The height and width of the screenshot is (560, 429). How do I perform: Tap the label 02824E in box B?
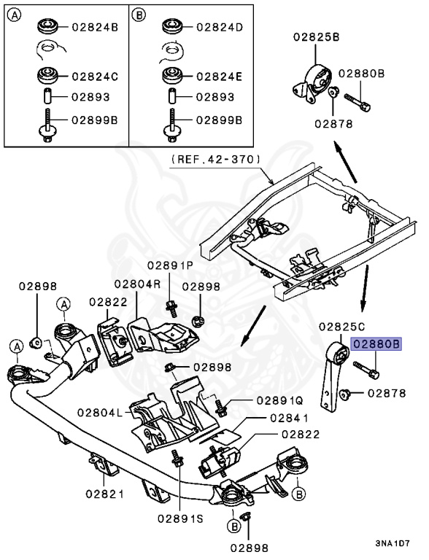pyautogui.click(x=219, y=76)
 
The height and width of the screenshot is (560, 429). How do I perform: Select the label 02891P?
pyautogui.click(x=170, y=265)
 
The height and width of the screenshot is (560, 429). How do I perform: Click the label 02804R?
pyautogui.click(x=136, y=284)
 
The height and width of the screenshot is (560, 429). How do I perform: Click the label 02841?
pyautogui.click(x=289, y=419)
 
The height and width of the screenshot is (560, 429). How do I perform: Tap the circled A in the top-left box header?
pyautogui.click(x=16, y=13)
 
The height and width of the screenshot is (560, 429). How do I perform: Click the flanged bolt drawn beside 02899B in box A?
pyautogui.click(x=45, y=125)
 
